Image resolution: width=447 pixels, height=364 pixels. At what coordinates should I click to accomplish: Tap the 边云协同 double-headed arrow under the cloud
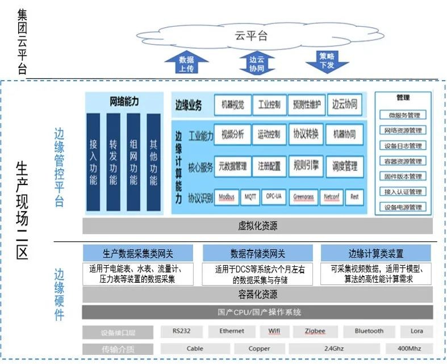point(257,63)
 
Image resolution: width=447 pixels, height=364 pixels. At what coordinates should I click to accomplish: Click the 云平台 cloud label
point(250,36)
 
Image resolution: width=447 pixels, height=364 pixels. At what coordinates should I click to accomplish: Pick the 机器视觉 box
point(232,104)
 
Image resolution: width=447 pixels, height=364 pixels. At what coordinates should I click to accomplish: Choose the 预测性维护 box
point(307,104)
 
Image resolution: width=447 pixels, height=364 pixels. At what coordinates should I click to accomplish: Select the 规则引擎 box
point(306,166)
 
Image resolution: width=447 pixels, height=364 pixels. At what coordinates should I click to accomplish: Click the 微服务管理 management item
point(404,115)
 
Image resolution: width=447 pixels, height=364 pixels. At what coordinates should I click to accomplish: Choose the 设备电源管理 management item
point(404,207)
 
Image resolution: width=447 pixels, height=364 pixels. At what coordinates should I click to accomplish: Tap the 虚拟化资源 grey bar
point(257,226)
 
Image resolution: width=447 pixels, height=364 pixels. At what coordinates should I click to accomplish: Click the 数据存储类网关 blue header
point(258,253)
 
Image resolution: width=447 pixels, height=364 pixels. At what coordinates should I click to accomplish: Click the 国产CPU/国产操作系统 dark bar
point(257,312)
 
